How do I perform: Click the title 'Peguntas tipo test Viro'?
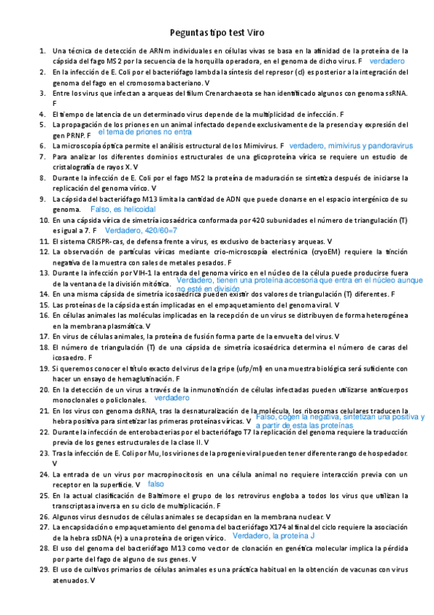217,33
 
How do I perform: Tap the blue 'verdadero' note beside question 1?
386,62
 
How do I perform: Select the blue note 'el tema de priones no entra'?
145,133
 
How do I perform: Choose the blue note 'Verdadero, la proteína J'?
273,536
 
